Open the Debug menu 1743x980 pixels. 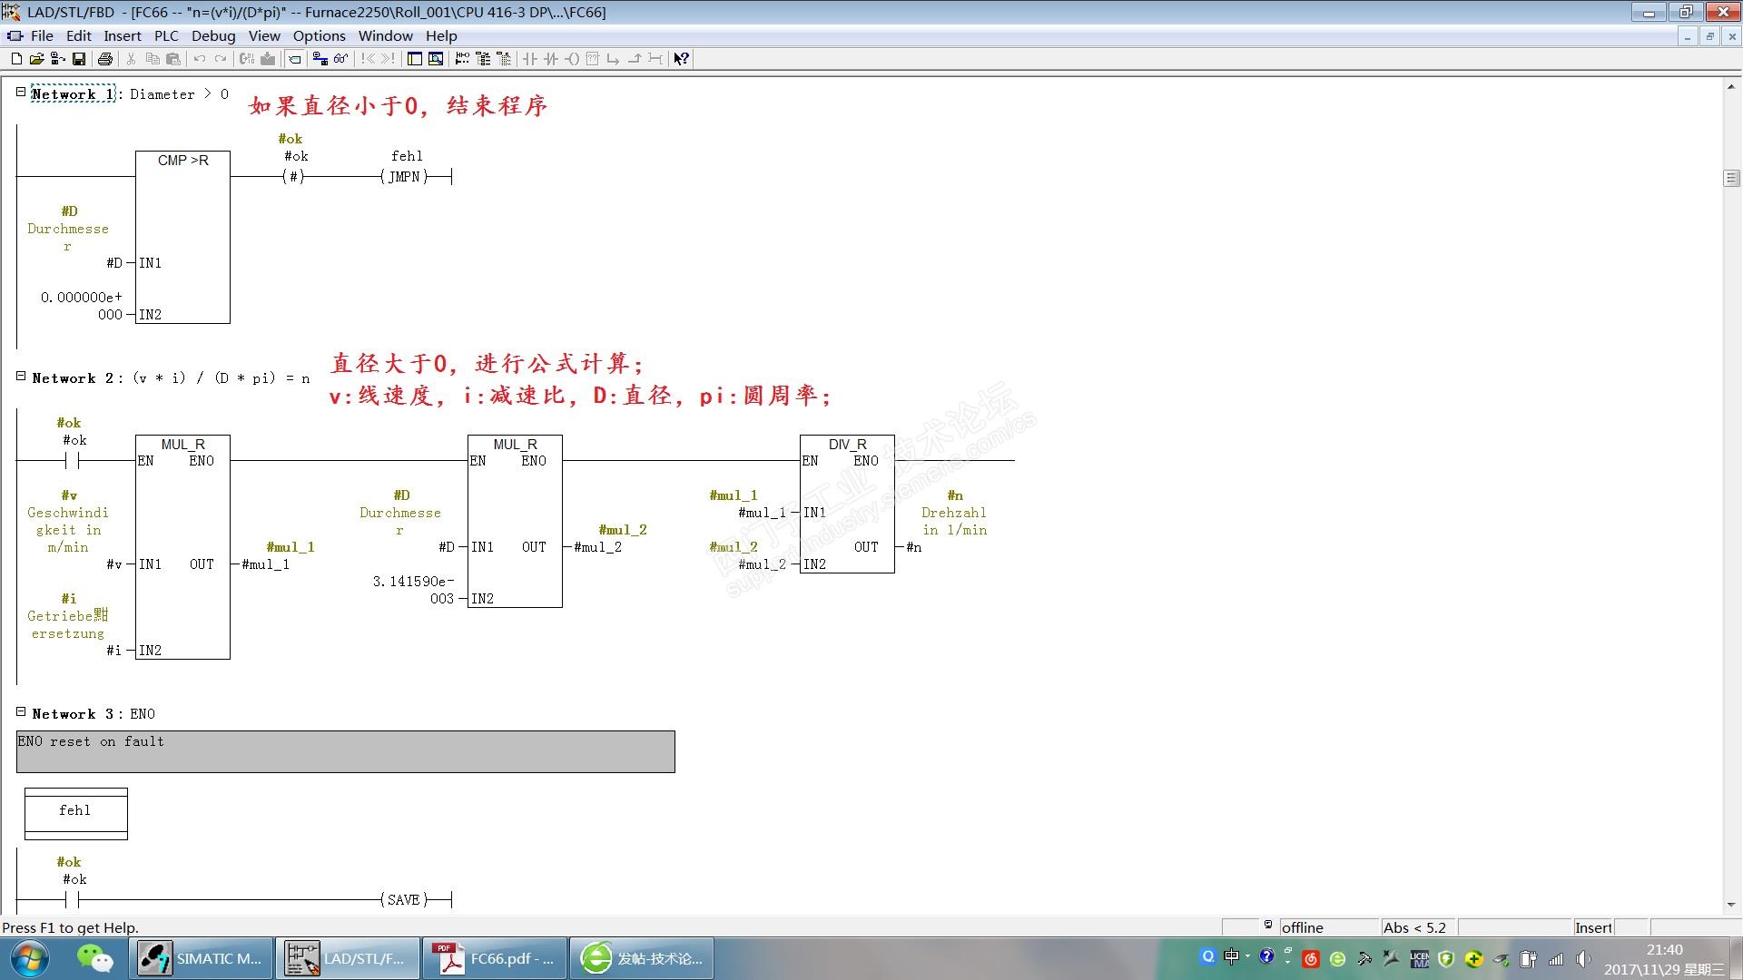213,36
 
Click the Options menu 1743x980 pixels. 319,36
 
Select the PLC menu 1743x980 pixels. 166,36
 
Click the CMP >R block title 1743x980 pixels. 182,161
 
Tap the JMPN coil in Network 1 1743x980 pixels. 404,177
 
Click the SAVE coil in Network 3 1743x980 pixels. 403,900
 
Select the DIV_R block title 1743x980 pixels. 847,445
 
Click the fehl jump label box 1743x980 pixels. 75,811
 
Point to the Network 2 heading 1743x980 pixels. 76,378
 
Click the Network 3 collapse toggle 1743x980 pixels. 21,712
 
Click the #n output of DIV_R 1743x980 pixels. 914,547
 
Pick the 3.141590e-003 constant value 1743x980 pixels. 413,590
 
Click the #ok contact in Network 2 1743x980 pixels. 73,461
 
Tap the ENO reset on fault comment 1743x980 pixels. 91,742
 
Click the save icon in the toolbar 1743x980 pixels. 79,59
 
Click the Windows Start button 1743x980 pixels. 29,958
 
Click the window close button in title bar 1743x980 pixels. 1722,12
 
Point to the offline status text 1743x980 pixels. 1302,927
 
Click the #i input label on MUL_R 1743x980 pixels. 113,651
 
